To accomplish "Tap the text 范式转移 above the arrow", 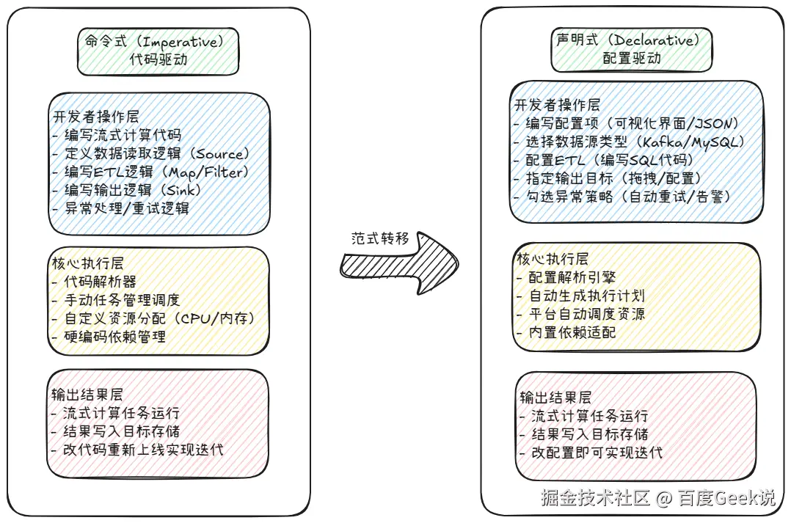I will click(x=380, y=238).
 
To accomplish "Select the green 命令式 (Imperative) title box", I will click(x=158, y=51).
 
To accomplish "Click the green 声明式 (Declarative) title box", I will click(x=632, y=48).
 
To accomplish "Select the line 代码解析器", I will click(x=95, y=281).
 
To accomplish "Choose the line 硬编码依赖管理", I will click(x=109, y=336).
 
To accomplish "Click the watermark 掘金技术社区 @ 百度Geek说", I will click(x=657, y=498).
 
